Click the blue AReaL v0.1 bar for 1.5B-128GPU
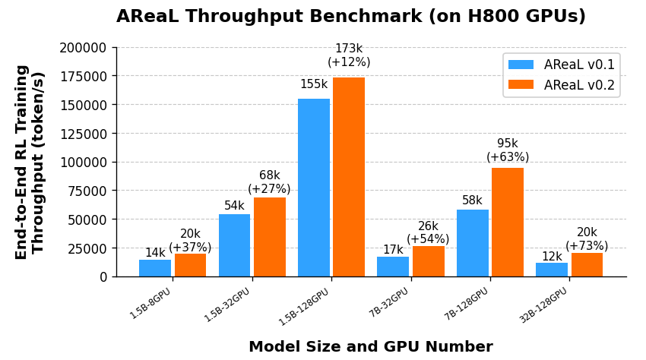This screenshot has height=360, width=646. pos(314,188)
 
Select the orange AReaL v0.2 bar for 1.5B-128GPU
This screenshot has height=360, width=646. pos(349,177)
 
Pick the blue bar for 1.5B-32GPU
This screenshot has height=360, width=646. pos(234,245)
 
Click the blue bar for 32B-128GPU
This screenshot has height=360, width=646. pos(552,270)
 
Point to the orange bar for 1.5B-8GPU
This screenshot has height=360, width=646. pos(190,265)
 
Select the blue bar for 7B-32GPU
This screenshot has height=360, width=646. pos(393,267)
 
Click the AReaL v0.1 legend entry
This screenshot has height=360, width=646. pos(562,65)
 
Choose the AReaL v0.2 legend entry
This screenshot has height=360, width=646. pos(562,84)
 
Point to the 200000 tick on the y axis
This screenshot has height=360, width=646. pos(83,48)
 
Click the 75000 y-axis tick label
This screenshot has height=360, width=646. pos(87,191)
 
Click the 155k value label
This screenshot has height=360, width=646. pos(314,84)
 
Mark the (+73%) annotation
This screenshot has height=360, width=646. pos(587,246)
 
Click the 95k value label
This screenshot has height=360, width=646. pos(508,144)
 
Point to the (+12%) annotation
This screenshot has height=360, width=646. pos(349,62)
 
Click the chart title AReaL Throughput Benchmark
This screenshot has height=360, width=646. pos(351,17)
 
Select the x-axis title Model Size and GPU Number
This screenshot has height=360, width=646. pos(371,347)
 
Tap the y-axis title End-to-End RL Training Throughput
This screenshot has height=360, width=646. pos(30,162)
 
